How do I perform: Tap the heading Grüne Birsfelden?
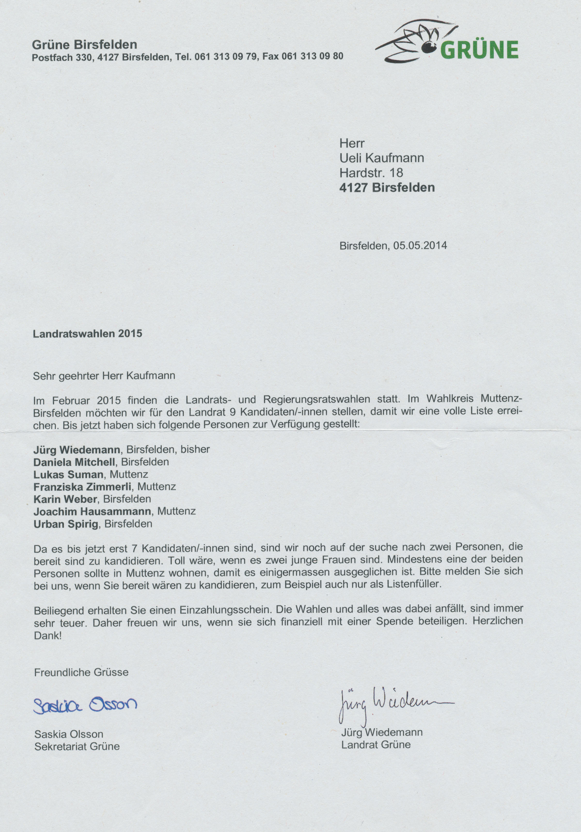click(x=84, y=45)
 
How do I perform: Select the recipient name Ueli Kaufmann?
click(x=382, y=158)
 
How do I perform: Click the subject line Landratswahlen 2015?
click(x=87, y=333)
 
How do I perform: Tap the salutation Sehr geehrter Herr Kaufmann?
click(x=104, y=375)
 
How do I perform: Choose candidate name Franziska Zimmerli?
click(x=82, y=487)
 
